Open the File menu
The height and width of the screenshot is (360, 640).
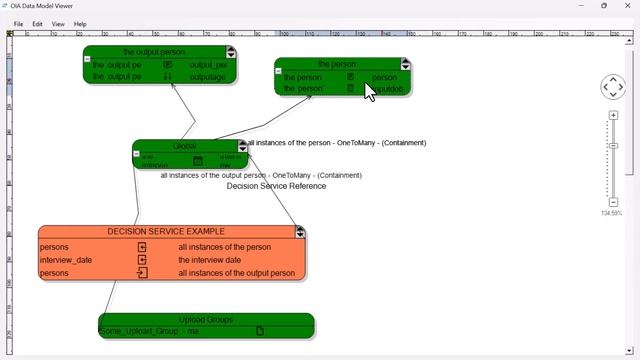(x=18, y=24)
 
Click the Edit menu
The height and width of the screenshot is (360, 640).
(x=37, y=24)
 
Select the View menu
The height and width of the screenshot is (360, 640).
(x=58, y=24)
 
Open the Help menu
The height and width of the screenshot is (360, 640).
(x=80, y=24)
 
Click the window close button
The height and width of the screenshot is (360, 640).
(x=627, y=6)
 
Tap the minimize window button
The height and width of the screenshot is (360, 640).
(x=580, y=6)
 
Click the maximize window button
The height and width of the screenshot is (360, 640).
(x=604, y=6)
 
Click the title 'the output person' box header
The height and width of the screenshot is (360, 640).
(x=154, y=52)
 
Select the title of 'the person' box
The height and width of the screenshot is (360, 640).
(x=337, y=64)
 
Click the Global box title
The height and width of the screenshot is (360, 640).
(x=185, y=146)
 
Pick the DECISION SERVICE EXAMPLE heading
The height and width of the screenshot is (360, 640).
(x=166, y=232)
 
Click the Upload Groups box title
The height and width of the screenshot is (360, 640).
(x=206, y=320)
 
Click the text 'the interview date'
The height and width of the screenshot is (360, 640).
(x=209, y=260)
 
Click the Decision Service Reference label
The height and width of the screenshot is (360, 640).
(x=276, y=186)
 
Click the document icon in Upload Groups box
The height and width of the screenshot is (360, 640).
(x=260, y=331)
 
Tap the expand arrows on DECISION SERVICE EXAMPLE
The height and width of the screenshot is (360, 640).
(x=300, y=232)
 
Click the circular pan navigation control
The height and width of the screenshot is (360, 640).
(x=613, y=87)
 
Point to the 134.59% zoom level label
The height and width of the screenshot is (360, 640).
(x=611, y=213)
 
